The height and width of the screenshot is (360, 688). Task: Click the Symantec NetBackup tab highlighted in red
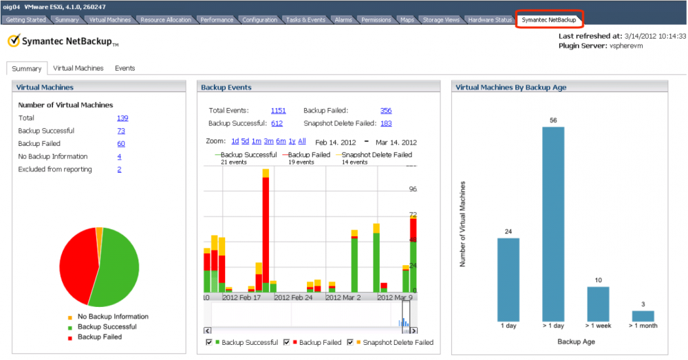[x=549, y=20]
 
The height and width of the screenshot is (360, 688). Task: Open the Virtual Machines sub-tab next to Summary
[x=78, y=68]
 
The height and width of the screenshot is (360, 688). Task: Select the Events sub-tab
[x=125, y=68]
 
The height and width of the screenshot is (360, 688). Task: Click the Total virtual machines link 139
[x=122, y=118]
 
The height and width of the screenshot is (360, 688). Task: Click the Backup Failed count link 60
[x=121, y=144]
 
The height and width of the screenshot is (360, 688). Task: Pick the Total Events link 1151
[x=278, y=110]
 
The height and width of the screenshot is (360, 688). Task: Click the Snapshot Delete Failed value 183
[x=386, y=123]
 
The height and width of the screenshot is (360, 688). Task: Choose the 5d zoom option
[x=245, y=141]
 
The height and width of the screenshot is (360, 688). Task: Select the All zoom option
[x=302, y=141]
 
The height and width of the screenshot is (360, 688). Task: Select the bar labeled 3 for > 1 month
[x=643, y=316]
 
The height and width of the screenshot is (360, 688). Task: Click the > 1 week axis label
[x=598, y=326]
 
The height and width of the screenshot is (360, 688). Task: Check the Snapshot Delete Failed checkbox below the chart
[x=350, y=342]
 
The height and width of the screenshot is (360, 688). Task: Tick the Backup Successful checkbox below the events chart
[x=209, y=342]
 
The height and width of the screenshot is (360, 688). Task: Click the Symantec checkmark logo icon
[x=13, y=41]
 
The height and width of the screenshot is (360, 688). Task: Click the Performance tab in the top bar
[x=217, y=20]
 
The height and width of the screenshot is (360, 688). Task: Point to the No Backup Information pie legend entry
[x=113, y=317]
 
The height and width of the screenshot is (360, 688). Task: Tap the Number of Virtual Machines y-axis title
[x=464, y=224]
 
